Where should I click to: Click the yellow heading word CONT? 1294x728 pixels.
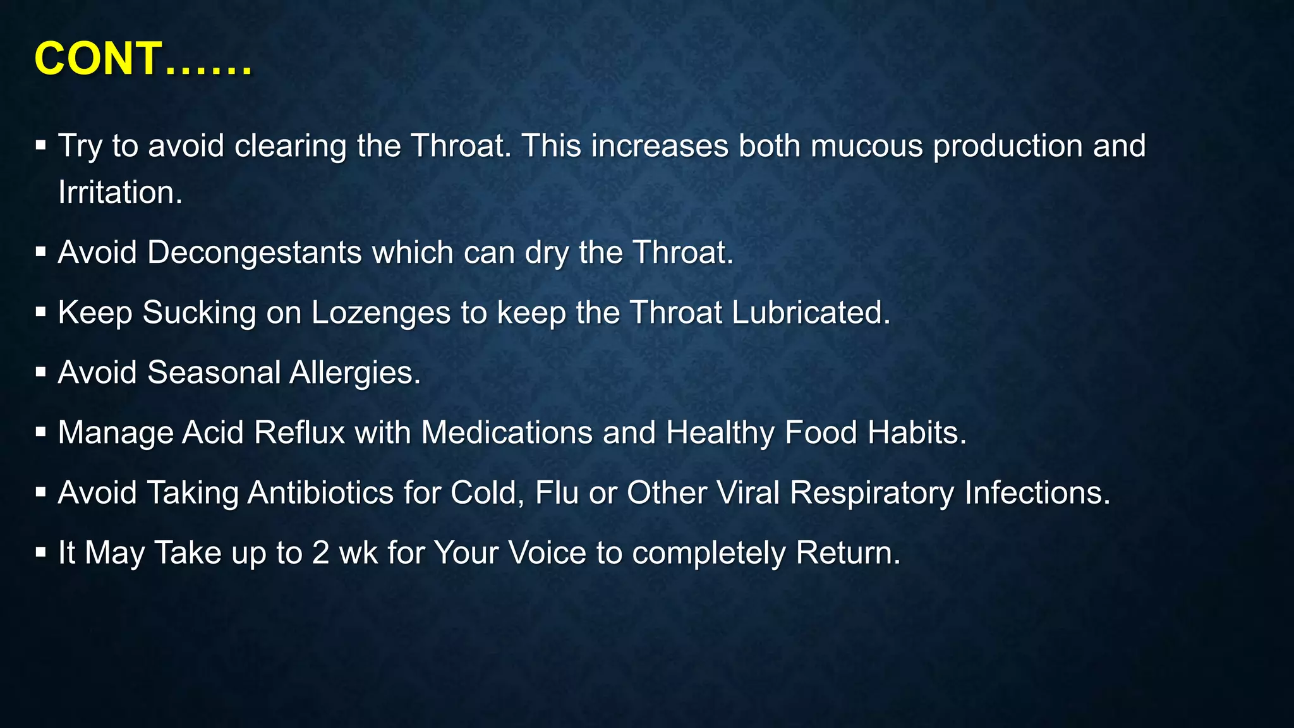98,59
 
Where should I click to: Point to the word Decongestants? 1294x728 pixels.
255,253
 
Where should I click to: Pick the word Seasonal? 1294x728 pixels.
214,372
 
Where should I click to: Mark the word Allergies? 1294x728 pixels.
354,372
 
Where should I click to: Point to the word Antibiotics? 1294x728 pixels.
320,493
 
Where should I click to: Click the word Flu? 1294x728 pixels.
557,493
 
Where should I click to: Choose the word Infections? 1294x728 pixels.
1037,493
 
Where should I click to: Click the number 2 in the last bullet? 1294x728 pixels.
320,553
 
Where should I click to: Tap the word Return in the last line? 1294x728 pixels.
847,553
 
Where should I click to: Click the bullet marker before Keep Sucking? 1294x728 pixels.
41,312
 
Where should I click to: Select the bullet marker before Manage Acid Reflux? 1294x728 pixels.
41,432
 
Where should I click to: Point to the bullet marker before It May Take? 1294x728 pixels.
41,552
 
